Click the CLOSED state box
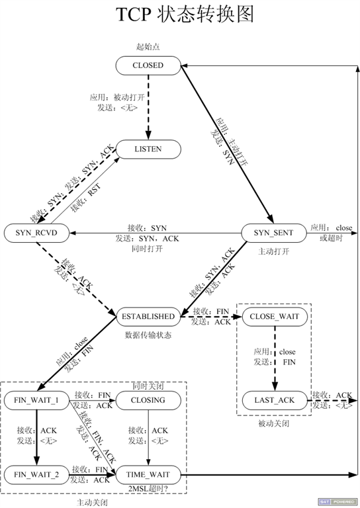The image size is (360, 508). point(148,65)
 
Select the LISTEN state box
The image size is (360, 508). point(148,149)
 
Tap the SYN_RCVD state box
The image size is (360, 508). point(37,233)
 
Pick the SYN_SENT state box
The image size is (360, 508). point(273,233)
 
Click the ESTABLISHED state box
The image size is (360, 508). point(148,316)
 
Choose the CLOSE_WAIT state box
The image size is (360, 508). point(274,316)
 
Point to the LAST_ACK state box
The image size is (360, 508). point(274,400)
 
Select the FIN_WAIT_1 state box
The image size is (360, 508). point(37,401)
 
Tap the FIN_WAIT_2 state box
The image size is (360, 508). point(37,474)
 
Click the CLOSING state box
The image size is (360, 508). point(148,401)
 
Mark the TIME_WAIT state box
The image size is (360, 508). point(148,474)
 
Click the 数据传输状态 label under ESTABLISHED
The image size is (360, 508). point(148,335)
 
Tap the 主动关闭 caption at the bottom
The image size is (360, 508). point(92,501)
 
